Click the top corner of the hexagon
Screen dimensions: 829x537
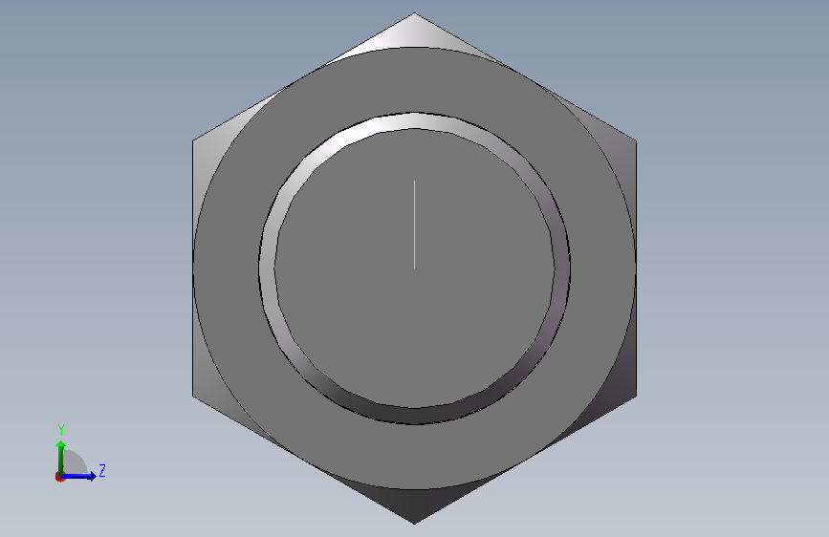point(415,12)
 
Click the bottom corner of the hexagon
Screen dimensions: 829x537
point(415,524)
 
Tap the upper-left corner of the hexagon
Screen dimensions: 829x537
point(192,140)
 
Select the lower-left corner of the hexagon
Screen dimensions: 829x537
point(192,396)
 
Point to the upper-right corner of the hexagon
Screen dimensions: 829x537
point(637,140)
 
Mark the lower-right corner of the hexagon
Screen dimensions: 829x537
point(637,396)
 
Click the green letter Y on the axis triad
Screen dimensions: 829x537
point(61,430)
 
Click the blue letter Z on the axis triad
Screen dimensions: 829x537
point(102,470)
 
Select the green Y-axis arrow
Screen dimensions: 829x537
point(61,458)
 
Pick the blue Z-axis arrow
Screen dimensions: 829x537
point(78,476)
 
